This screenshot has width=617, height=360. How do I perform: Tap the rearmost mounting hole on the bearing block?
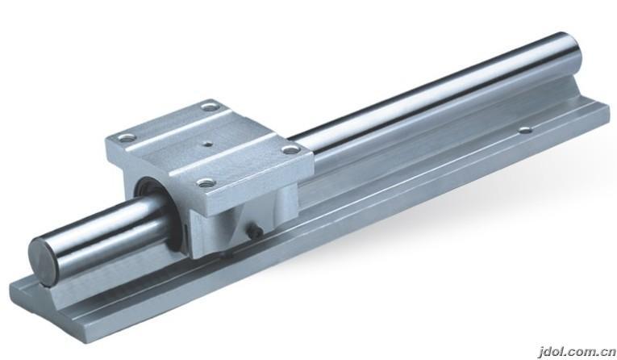pos(211,107)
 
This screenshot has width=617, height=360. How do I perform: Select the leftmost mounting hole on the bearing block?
pos(127,138)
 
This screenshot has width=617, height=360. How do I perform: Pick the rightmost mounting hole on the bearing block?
pos(292,149)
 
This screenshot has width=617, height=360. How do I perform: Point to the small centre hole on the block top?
pos(206,144)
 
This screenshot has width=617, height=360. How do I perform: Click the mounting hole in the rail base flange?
pos(525,129)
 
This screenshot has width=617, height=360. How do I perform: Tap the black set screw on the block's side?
pos(255,232)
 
